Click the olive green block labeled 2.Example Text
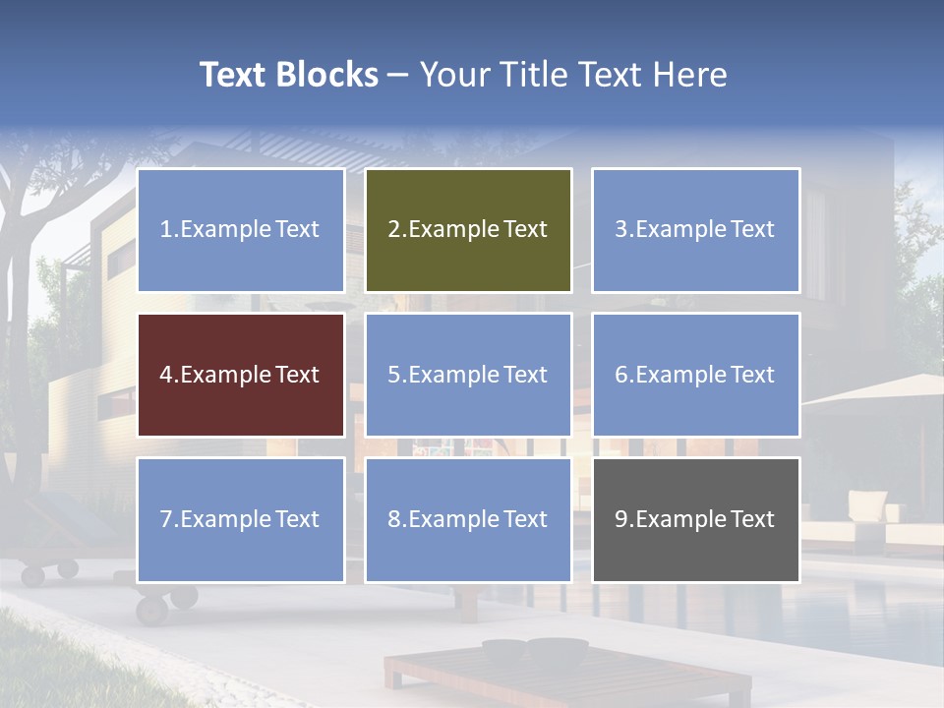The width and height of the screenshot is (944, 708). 468,230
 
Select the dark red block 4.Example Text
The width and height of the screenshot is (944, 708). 241,375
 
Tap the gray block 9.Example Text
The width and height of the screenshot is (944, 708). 695,519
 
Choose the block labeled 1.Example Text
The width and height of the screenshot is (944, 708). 241,230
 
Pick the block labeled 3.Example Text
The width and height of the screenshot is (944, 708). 695,230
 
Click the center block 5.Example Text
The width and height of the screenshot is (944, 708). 468,375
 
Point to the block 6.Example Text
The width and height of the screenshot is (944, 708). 695,375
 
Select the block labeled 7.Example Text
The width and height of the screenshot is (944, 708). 241,519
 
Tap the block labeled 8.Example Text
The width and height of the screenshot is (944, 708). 468,519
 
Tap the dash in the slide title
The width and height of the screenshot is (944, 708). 398,75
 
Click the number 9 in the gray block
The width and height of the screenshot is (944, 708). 621,519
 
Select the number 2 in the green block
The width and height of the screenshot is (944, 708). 394,230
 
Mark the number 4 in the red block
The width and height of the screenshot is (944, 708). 166,376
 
